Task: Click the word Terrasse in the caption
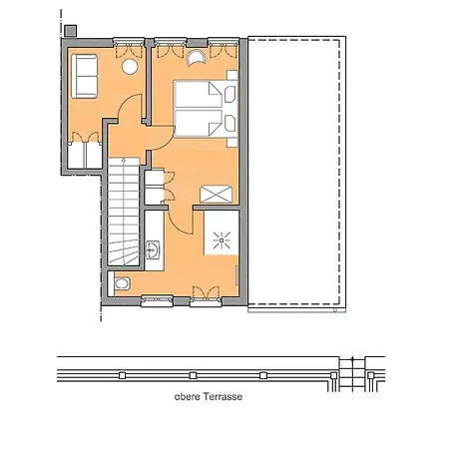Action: [x=223, y=396]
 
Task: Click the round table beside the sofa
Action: [x=129, y=67]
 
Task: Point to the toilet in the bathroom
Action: [x=122, y=283]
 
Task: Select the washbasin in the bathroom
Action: [x=153, y=249]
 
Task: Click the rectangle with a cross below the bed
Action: [x=217, y=194]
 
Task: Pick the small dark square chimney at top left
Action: [x=68, y=30]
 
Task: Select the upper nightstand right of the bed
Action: [x=231, y=96]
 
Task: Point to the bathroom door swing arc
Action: [x=171, y=218]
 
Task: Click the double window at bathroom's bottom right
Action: [x=206, y=296]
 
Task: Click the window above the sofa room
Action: [x=129, y=42]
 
